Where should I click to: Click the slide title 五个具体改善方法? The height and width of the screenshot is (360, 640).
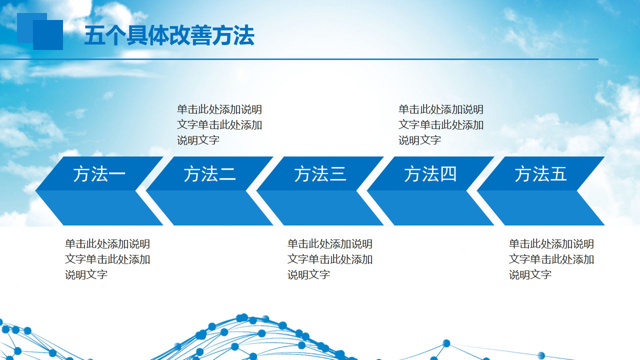click(169, 35)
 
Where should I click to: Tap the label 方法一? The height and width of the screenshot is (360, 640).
click(99, 174)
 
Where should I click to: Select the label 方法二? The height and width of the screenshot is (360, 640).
click(209, 174)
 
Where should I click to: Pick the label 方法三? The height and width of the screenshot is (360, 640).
click(320, 174)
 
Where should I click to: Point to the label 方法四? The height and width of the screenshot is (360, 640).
click(430, 174)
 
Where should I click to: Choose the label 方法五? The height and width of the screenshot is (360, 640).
click(540, 174)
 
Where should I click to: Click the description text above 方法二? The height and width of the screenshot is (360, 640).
click(219, 125)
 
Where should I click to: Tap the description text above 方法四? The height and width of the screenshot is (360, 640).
click(441, 125)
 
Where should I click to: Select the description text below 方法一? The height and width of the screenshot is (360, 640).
click(107, 259)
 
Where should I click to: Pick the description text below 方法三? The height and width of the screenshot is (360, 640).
click(330, 259)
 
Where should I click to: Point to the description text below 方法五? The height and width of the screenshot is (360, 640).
click(551, 259)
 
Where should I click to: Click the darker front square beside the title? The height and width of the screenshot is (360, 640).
click(48, 35)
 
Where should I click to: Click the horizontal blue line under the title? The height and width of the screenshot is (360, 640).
click(299, 59)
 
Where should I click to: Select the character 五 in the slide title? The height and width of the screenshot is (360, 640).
click(94, 35)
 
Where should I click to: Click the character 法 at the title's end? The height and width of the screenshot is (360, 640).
click(244, 35)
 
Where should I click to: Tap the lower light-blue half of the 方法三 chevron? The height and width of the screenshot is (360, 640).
click(320, 208)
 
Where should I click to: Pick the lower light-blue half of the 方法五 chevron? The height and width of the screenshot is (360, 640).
click(540, 208)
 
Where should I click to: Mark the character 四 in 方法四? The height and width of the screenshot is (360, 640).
click(448, 174)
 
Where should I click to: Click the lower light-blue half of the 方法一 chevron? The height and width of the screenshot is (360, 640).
click(99, 208)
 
